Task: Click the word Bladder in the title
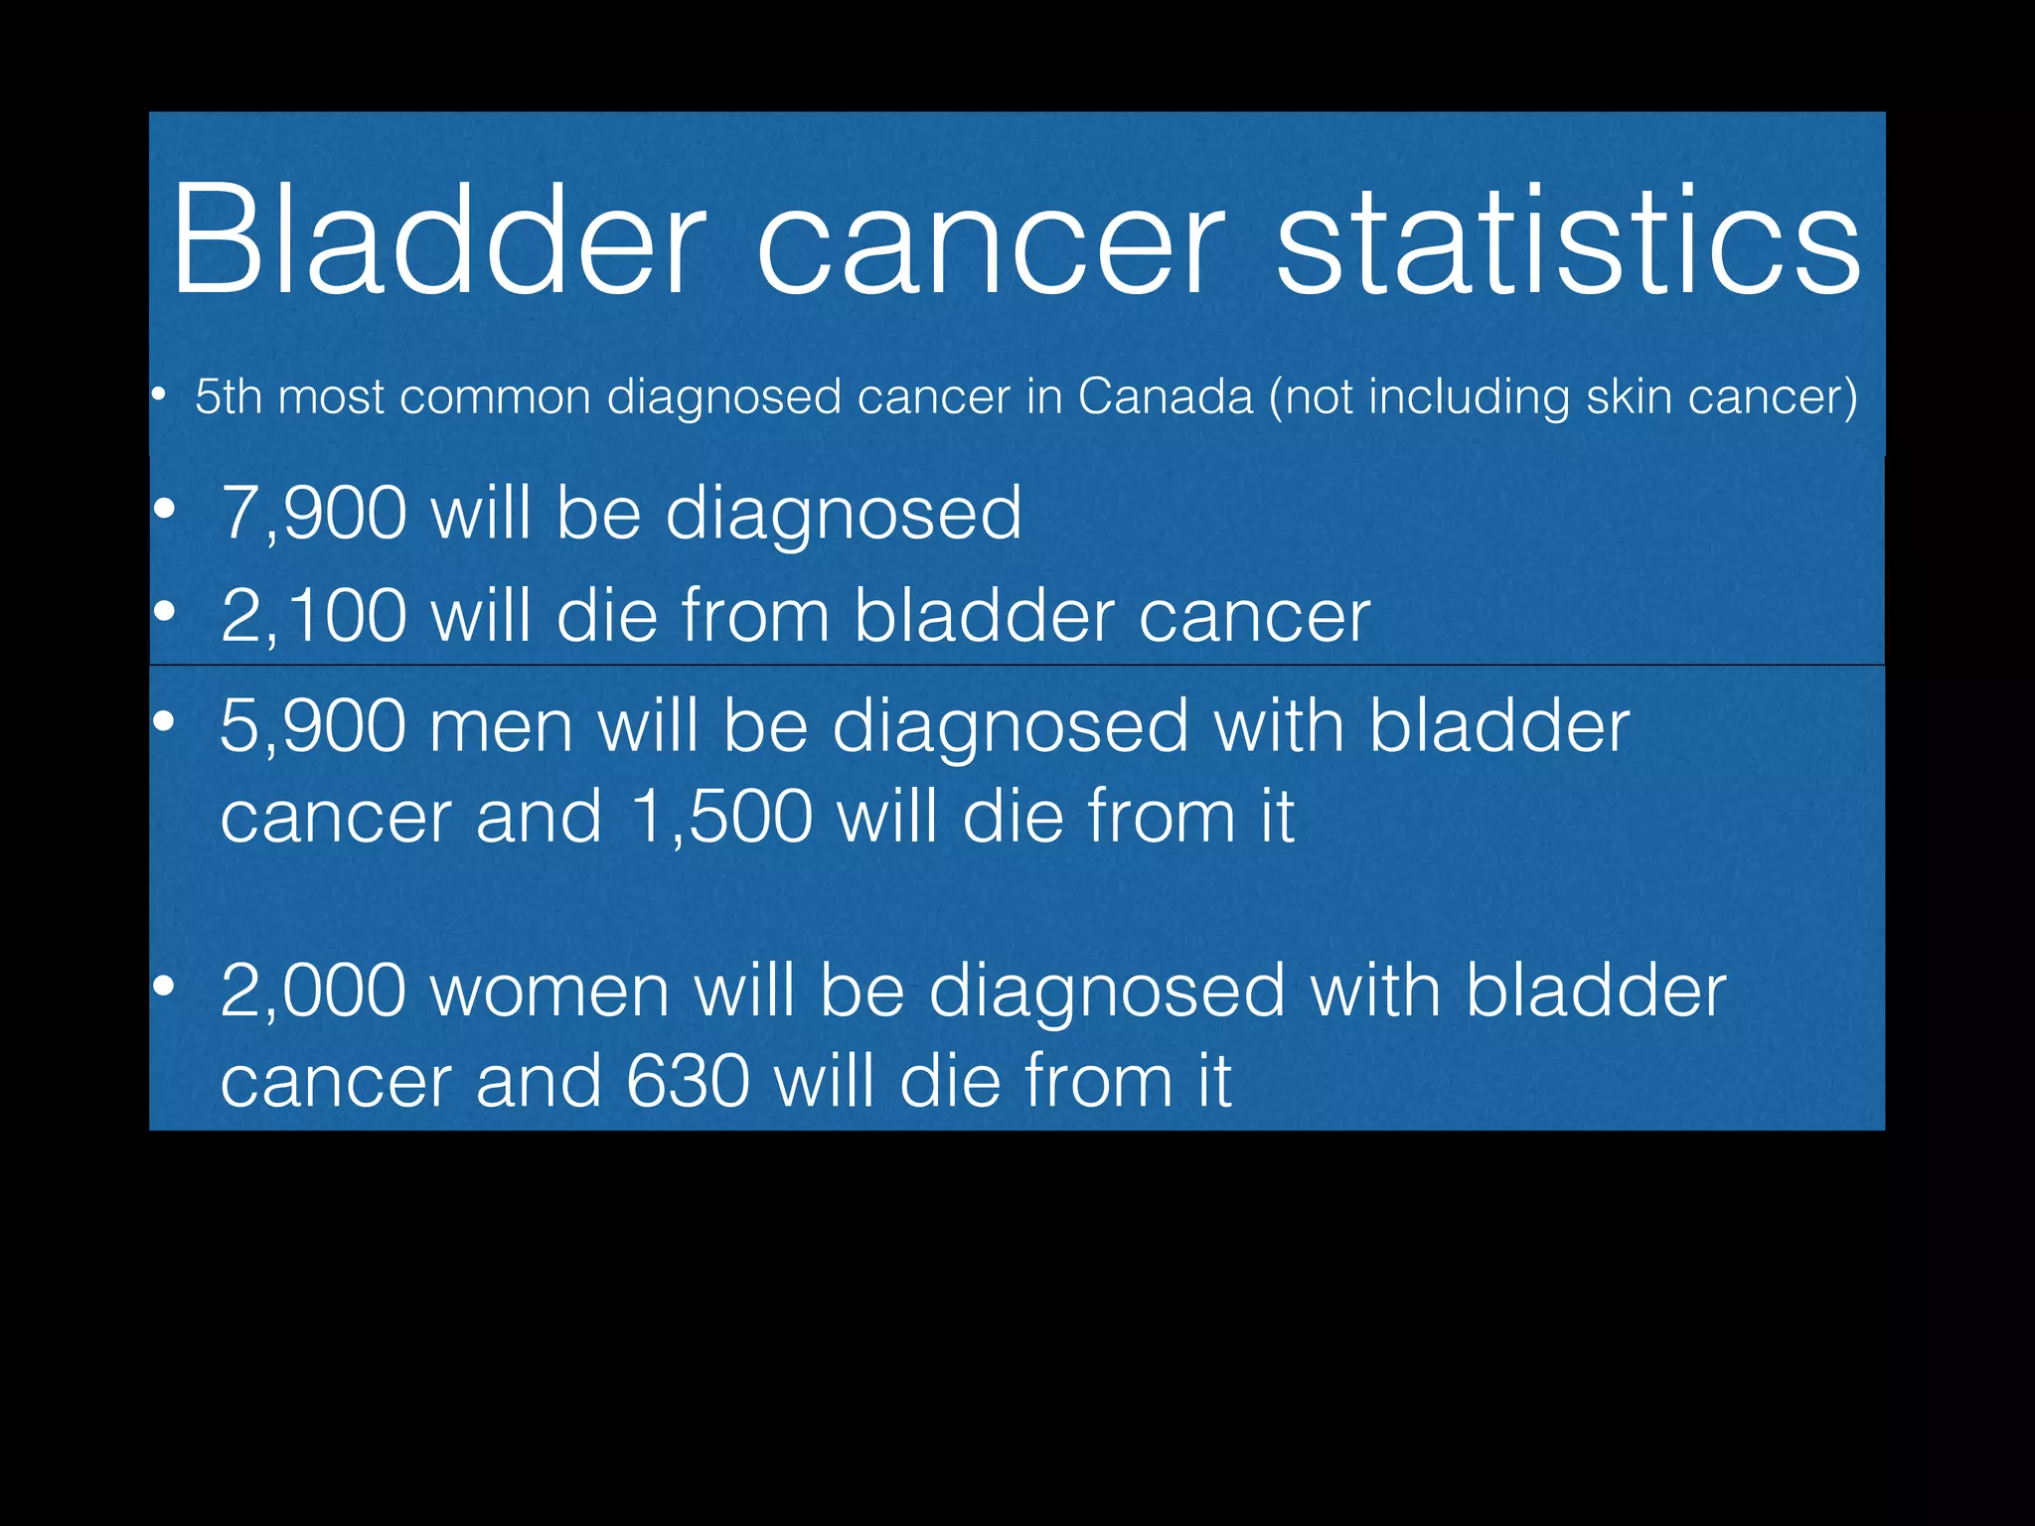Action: (x=437, y=240)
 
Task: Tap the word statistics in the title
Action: (x=1567, y=240)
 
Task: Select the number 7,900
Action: (x=313, y=513)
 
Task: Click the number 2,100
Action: (x=313, y=616)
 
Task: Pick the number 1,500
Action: (x=721, y=817)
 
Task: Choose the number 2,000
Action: (x=313, y=991)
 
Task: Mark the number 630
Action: (x=688, y=1081)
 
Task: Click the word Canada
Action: (x=1166, y=396)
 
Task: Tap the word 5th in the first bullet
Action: (x=228, y=396)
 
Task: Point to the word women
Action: (x=550, y=991)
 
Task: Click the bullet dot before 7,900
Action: (x=164, y=511)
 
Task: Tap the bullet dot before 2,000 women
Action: (x=164, y=988)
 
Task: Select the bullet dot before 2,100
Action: (x=164, y=613)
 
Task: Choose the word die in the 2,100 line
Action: (x=606, y=616)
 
